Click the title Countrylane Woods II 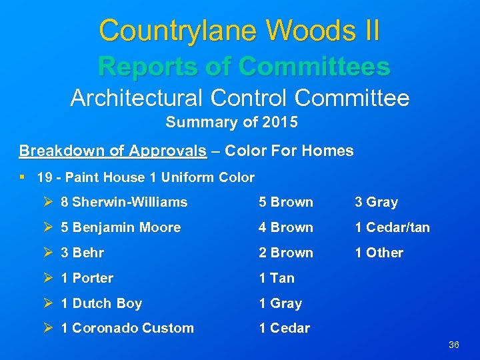point(239,31)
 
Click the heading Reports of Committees point(243,66)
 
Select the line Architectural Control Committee point(240,99)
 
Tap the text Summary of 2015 point(231,123)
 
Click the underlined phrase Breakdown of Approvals point(113,151)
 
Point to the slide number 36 point(454,345)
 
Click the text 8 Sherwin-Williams point(124,202)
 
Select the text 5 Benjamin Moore point(121,227)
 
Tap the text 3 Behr point(83,253)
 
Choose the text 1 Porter point(87,278)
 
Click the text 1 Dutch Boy point(101,303)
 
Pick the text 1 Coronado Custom point(127,328)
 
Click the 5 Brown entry point(286,202)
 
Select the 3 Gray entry point(376,202)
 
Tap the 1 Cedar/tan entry point(392,227)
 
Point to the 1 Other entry point(379,253)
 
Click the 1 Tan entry point(277,278)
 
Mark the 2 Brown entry point(286,253)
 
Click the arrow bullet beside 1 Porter point(47,278)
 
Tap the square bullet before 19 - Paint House point(23,177)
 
